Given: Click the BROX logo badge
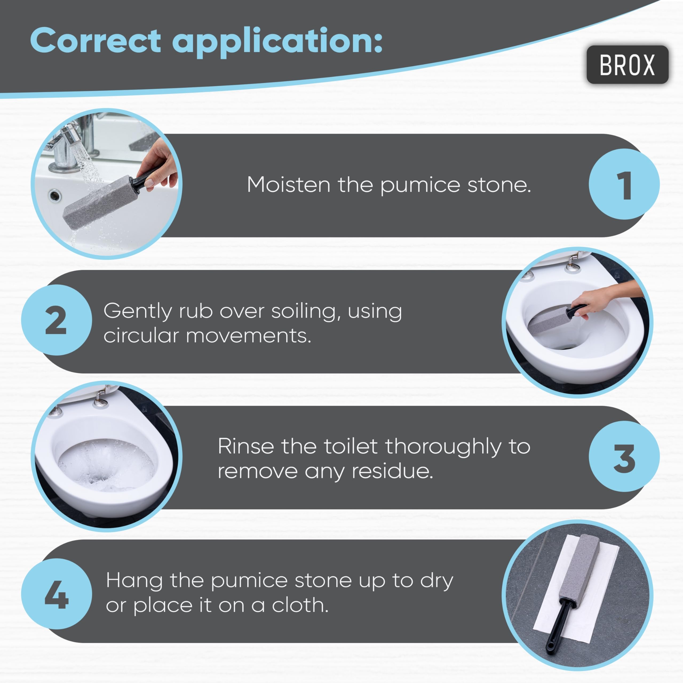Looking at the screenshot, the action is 628,65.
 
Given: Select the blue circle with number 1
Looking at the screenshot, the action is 624,184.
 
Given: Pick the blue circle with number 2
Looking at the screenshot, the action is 57,320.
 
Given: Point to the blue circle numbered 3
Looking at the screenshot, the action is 624,456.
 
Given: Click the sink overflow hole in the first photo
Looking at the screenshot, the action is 55,195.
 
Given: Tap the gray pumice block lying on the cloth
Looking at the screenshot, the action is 581,569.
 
